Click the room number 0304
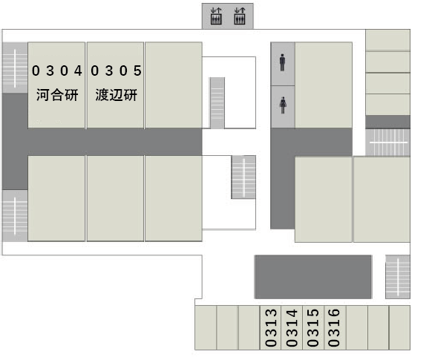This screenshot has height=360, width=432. tap(57, 71)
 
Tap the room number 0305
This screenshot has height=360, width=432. tap(116, 71)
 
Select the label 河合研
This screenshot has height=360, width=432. tap(57, 95)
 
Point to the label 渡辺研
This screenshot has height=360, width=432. tap(117, 95)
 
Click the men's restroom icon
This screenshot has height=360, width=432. tap(282, 62)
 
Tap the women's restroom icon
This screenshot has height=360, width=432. tap(283, 105)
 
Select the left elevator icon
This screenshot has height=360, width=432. tap(216, 16)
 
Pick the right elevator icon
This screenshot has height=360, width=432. tap(240, 16)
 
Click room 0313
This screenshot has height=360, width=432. tap(270, 327)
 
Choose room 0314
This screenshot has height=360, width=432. tap(292, 327)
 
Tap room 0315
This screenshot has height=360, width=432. tap(313, 327)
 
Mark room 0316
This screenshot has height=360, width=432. tap(335, 327)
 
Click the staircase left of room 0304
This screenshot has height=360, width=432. tap(15, 68)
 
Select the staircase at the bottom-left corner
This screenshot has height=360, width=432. tap(15, 216)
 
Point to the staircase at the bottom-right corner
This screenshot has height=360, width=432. tap(398, 277)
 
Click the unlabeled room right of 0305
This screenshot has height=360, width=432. tap(174, 85)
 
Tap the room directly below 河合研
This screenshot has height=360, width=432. tap(56, 198)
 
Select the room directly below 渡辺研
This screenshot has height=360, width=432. tap(116, 198)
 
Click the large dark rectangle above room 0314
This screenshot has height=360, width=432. tap(313, 277)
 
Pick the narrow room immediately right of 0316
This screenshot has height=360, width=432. tap(357, 327)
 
